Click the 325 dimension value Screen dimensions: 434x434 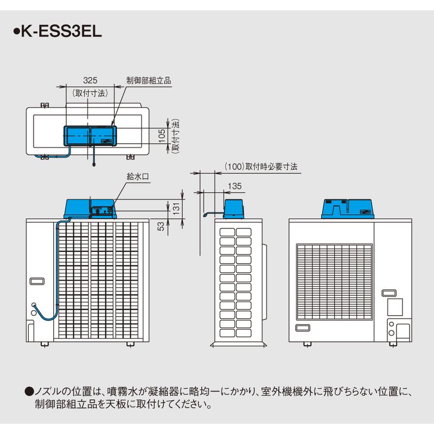[90, 80]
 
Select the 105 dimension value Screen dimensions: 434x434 [162, 136]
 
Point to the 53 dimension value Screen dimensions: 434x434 [161, 226]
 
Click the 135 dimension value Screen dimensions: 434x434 [235, 186]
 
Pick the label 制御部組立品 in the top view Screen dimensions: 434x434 [149, 80]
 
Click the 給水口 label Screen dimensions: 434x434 [138, 176]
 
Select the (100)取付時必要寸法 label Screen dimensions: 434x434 [261, 167]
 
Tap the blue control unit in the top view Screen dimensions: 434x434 [90, 136]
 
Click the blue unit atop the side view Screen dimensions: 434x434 [234, 209]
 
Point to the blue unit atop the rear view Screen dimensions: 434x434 [348, 209]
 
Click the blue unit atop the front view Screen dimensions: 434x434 [90, 209]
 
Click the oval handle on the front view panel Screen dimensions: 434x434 [37, 281]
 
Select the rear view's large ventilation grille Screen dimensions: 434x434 [334, 282]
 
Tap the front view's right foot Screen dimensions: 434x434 [130, 344]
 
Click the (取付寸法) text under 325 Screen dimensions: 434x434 [90, 93]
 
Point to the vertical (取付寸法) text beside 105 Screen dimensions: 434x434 [175, 136]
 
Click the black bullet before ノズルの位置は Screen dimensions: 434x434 [29, 392]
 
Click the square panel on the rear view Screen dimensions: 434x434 [395, 307]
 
